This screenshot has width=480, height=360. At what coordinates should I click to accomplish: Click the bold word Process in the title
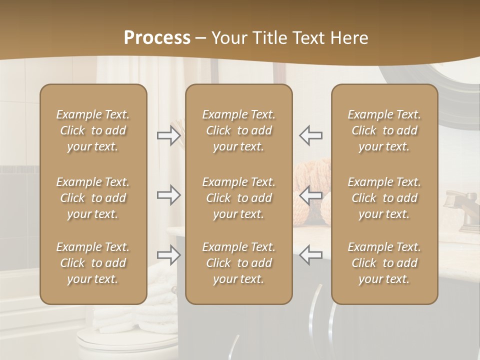coord(157,38)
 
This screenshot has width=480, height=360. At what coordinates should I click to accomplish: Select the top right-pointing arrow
coord(168,135)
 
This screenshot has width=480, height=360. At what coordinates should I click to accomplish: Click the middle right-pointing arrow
coord(168,195)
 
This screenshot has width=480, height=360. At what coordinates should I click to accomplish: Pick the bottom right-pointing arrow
coord(168,255)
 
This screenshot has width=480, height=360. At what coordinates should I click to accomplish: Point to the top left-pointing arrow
coord(311,135)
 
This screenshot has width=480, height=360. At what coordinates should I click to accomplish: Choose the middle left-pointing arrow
coord(311,195)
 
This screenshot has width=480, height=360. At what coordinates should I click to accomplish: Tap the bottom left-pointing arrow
coord(311,255)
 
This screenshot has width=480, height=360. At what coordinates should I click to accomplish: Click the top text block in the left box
coord(93,130)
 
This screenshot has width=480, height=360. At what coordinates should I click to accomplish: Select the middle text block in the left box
coord(93,198)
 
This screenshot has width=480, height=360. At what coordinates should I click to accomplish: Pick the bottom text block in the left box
coord(93,263)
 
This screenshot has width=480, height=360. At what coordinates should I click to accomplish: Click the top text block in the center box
coord(239,130)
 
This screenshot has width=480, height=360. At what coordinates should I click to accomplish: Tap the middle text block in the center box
coord(239,198)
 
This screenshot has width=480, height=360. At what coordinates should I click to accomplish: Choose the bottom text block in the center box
coord(239,263)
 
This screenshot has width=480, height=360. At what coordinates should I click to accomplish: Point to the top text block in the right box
coord(384,130)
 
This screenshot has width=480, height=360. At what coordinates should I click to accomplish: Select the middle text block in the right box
coord(384,198)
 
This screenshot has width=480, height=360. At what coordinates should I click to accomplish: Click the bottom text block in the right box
coord(384,263)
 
